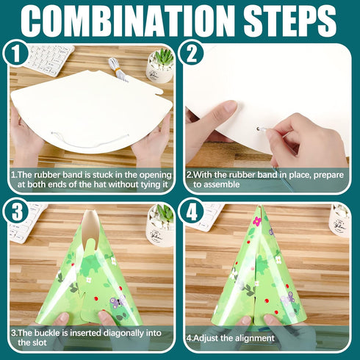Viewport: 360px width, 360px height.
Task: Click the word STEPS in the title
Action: click(289, 21)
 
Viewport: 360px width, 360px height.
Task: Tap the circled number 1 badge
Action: click(16, 53)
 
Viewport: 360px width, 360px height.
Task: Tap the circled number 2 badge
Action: click(192, 53)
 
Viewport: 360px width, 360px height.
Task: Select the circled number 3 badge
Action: click(16, 211)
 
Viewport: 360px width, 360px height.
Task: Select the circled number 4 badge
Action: click(192, 211)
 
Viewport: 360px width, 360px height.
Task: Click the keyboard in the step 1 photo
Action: click(49, 59)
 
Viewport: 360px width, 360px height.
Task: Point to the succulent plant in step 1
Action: click(164, 57)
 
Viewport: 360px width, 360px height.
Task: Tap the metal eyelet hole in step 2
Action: click(259, 129)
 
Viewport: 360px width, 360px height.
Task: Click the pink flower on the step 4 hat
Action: click(257, 221)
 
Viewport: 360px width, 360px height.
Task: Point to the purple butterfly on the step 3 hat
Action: click(115, 301)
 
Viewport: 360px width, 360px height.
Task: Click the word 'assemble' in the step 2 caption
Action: click(216, 184)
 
